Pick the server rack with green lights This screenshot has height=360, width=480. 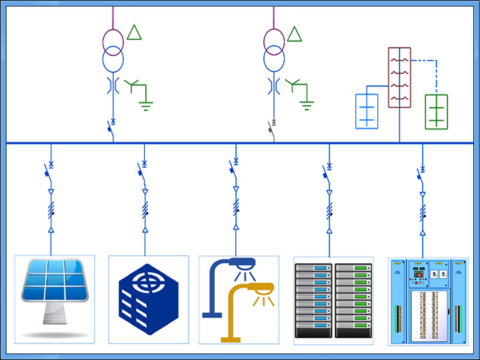pos(353,300)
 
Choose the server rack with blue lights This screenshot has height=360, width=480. pos(313,300)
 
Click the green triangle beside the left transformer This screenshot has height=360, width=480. pos(135,32)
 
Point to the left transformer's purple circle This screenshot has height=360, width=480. pos(113,40)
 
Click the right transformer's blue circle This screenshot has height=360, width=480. pos(274,59)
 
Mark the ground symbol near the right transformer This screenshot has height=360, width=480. pos(307,103)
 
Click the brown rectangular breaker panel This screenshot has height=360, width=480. pos(399,77)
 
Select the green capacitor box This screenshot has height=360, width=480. pos(436,111)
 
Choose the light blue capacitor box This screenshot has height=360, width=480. pos(367,111)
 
